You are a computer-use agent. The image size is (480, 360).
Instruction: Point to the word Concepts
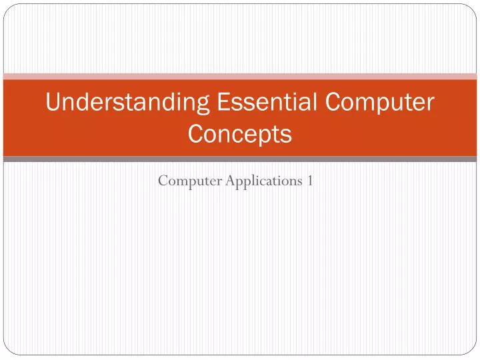click(x=240, y=134)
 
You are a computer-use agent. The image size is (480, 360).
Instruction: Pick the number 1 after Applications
click(x=311, y=181)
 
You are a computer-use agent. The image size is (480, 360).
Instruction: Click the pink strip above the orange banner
click(x=240, y=76)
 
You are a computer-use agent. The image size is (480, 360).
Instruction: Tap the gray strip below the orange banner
click(x=240, y=159)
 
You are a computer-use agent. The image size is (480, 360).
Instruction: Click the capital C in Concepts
click(x=196, y=134)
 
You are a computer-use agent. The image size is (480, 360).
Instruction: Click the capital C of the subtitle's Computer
click(x=163, y=181)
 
